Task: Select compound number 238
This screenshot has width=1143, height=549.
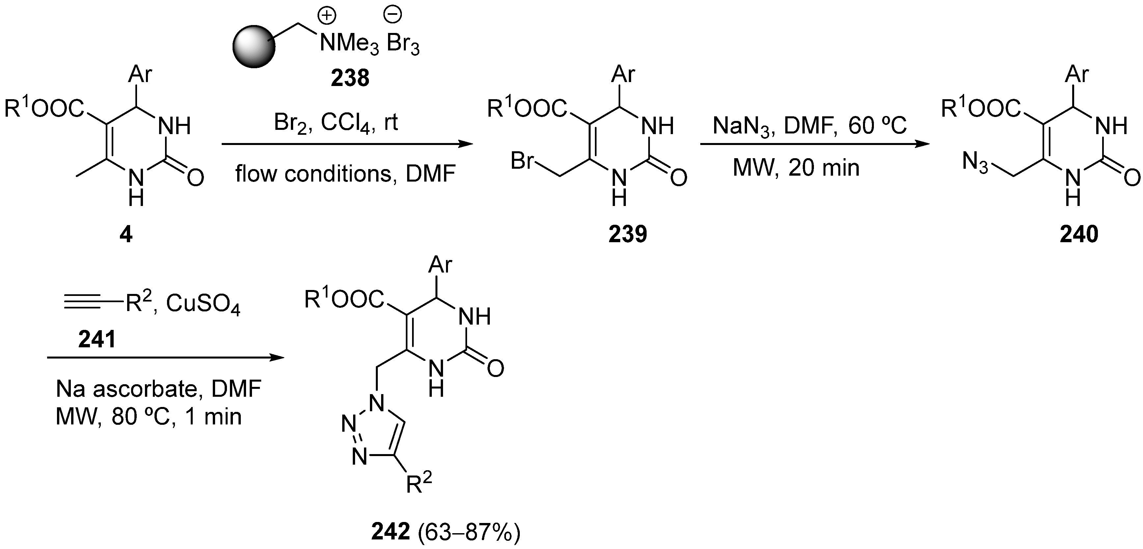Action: coord(349,78)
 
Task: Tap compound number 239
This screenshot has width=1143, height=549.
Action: coord(627,234)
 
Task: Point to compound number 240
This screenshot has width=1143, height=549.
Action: coord(1079,234)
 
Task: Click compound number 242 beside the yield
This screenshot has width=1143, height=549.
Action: coord(390,532)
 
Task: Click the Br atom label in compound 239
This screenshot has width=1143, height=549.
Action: coord(522,161)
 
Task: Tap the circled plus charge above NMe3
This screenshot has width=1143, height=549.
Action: coord(327,16)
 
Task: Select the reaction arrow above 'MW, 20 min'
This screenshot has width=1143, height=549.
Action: coord(814,144)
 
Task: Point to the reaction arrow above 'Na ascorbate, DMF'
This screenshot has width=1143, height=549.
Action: coord(165,357)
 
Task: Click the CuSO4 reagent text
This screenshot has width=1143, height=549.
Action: coord(203,305)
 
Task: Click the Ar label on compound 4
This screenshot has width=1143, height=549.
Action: coord(140,74)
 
